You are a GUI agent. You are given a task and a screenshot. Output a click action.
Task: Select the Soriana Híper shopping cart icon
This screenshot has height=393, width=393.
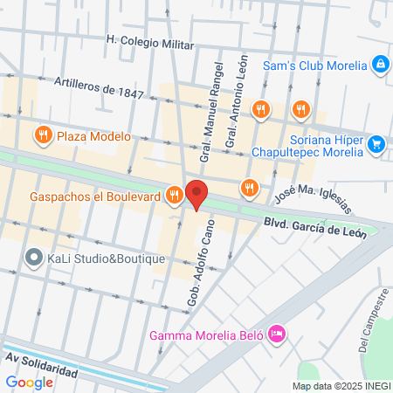click(x=376, y=143)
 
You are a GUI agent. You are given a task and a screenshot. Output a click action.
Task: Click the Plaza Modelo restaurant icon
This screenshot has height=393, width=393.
click(x=42, y=135)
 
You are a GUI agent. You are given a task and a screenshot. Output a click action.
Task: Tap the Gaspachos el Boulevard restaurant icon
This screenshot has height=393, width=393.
click(x=175, y=196)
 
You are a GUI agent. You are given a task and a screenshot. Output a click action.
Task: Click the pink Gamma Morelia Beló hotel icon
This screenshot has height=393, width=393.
click(x=277, y=333)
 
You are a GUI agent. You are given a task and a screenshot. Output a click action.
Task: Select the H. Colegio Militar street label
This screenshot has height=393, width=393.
click(x=149, y=39)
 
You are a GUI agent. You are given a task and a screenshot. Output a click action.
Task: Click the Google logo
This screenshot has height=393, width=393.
click(x=29, y=382)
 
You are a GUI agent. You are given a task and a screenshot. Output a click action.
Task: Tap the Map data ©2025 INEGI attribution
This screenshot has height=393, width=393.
click(x=341, y=386)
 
